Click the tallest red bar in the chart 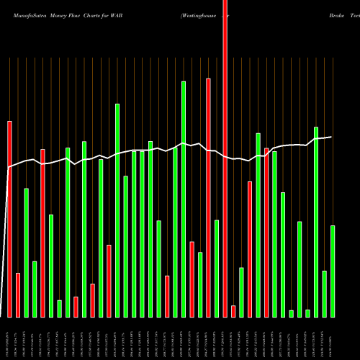tap(225, 158)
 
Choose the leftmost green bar tap(27, 252)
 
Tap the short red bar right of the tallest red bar tap(233, 311)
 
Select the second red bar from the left tap(18, 295)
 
